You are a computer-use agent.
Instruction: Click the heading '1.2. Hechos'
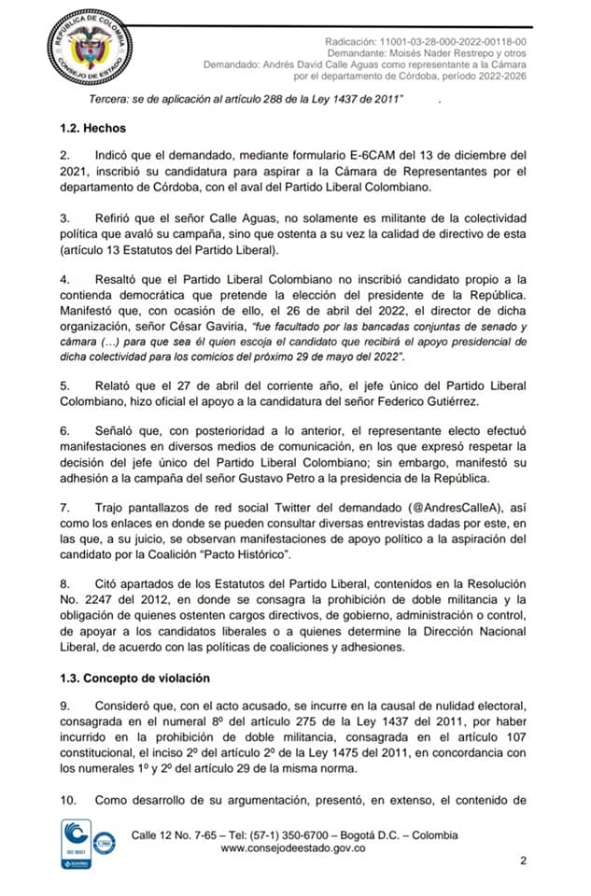92,128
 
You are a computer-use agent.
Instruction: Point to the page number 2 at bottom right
524,861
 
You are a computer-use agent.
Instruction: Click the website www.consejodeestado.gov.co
292,848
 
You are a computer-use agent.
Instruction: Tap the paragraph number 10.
68,800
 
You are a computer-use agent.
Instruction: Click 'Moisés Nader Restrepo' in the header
427,53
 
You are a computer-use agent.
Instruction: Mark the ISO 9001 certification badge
77,844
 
